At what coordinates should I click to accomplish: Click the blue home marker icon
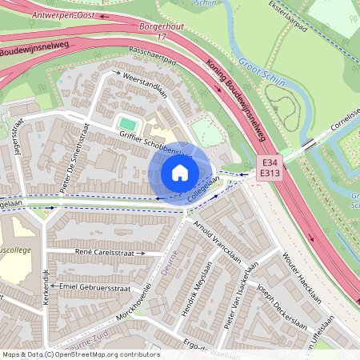[180, 173]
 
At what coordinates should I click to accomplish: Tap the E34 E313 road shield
[268, 166]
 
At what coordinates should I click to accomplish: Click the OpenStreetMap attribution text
[80, 354]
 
